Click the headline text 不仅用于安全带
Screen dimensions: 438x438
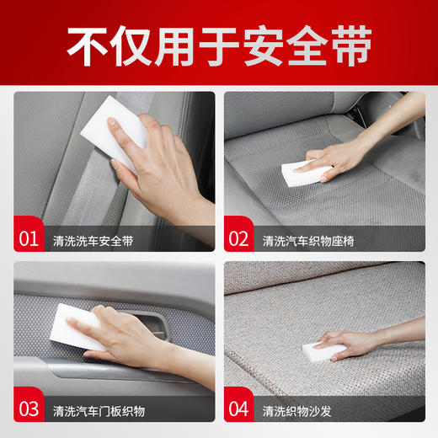point(219,48)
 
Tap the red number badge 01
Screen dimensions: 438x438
point(29,238)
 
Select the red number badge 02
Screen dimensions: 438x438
point(240,238)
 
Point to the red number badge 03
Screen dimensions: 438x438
point(29,410)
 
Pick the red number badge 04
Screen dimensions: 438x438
point(240,410)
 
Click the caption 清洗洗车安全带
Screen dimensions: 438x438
point(92,240)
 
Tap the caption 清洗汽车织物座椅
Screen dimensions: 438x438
point(308,240)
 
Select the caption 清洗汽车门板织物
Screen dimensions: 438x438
point(98,412)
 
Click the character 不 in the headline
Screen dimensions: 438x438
point(85,48)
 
